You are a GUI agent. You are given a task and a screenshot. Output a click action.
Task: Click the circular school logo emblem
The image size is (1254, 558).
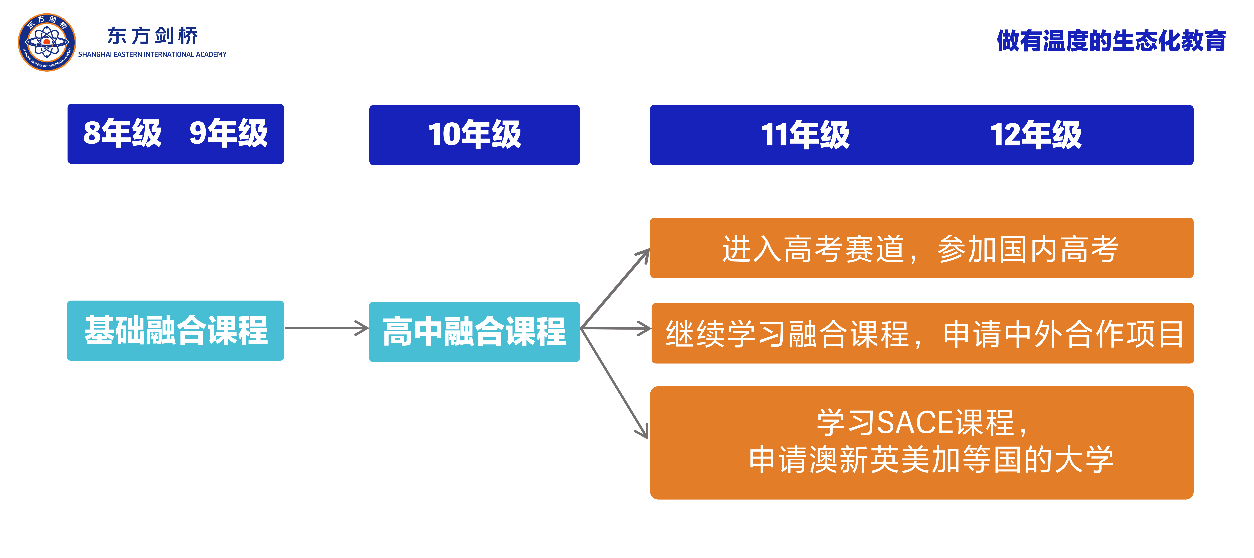pos(47,42)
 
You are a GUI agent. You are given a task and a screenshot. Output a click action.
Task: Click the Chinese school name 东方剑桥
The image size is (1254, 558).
pos(152,36)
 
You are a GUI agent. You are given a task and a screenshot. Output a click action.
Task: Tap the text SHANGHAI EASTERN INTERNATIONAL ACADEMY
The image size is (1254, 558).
pos(152,54)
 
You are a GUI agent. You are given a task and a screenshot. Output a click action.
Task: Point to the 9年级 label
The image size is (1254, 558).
pos(228,133)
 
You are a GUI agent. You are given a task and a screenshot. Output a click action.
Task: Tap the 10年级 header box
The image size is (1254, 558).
pos(474,135)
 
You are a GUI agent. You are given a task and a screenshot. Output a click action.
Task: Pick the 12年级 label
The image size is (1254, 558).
pos(1035,135)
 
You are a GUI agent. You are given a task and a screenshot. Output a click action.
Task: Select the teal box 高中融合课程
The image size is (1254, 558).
pos(474,331)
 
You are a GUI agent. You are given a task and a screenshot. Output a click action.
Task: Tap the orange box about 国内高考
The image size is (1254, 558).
pos(921,248)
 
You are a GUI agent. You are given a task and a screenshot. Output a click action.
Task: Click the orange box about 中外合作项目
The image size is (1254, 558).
pos(922,333)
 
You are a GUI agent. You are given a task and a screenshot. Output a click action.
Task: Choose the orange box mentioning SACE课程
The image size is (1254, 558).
pos(921,442)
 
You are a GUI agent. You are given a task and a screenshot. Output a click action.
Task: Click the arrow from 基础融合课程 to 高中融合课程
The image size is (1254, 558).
pos(326,328)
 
